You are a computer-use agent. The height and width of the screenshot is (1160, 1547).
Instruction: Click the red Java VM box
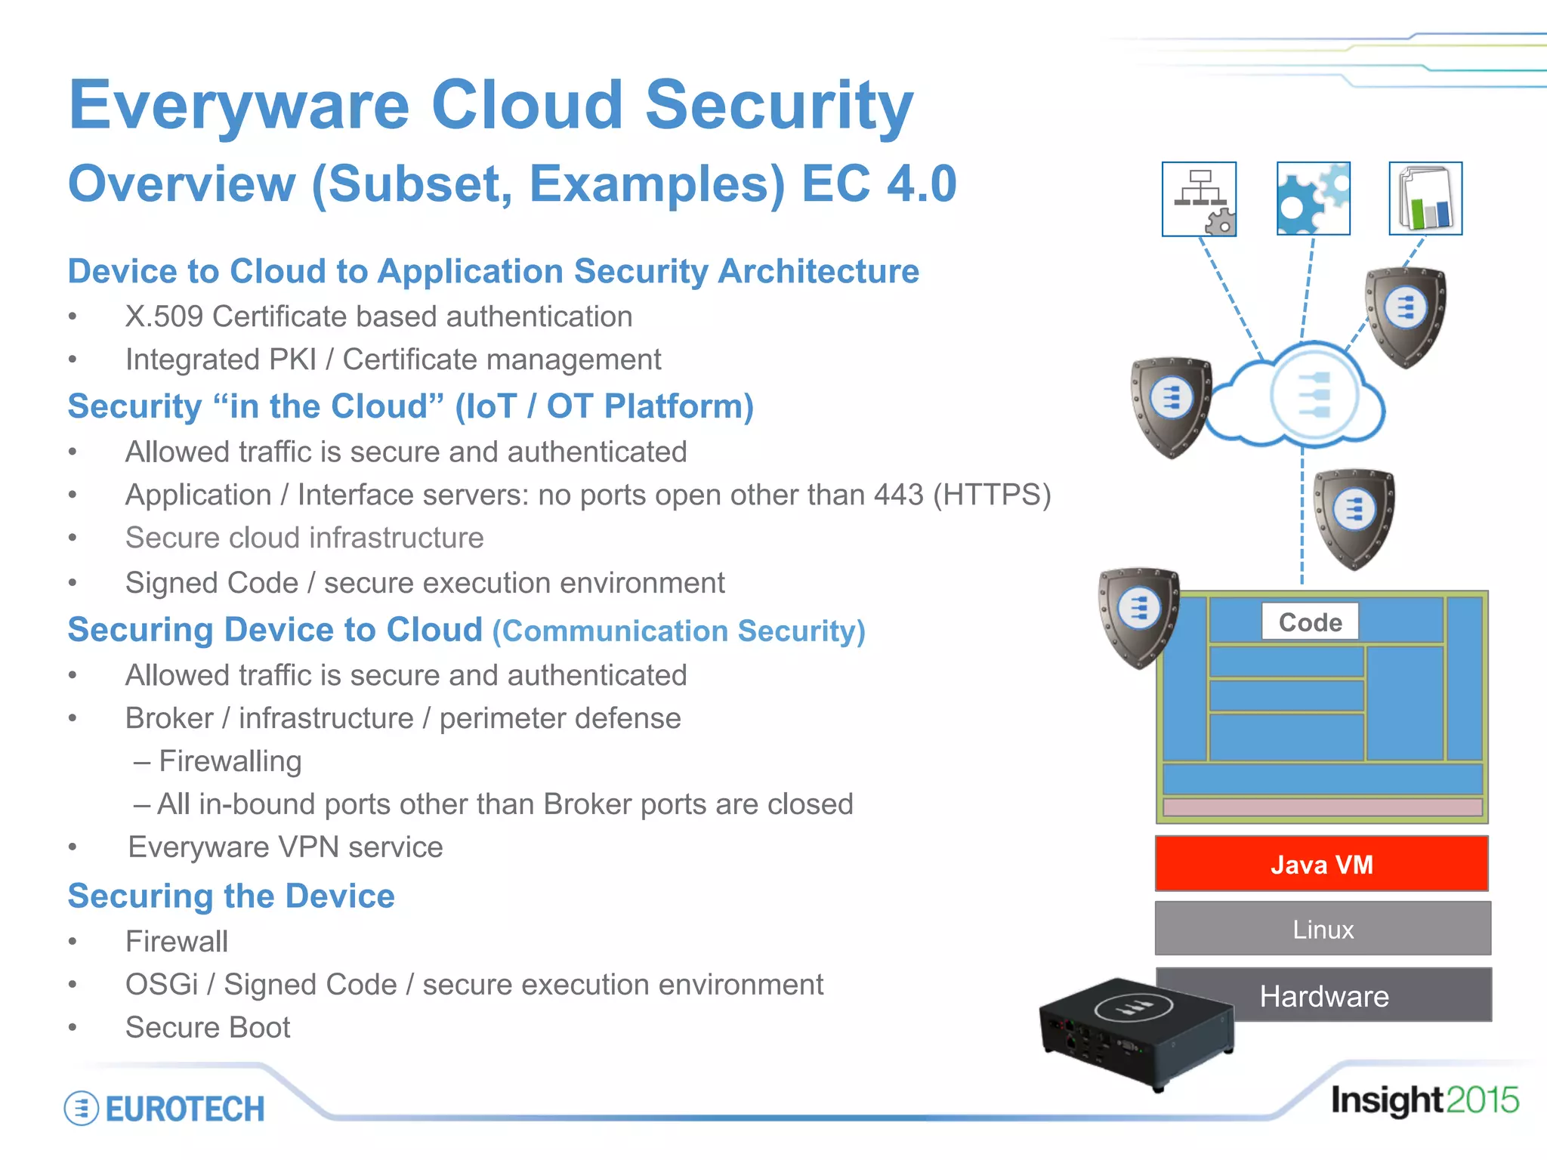click(1321, 864)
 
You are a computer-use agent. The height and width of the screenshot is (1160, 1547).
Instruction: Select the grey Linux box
click(1323, 929)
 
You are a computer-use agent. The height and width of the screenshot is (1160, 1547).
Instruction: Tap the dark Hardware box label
click(1324, 996)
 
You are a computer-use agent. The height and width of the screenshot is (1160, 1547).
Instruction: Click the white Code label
click(1310, 622)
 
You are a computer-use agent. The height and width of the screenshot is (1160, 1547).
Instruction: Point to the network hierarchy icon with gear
click(1199, 199)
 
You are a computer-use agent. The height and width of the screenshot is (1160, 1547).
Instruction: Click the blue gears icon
click(1313, 199)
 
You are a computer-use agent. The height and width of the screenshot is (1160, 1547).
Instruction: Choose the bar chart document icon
click(1425, 199)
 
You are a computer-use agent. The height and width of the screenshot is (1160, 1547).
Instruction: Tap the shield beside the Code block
click(1138, 615)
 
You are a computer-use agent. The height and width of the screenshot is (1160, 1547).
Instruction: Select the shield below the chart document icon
click(1406, 316)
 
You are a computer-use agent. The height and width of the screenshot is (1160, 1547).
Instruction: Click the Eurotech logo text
click(185, 1109)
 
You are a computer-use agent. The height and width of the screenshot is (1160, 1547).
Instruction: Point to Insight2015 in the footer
click(1424, 1100)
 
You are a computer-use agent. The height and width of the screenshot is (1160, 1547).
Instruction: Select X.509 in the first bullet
click(164, 316)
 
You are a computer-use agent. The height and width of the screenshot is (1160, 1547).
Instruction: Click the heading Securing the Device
click(231, 896)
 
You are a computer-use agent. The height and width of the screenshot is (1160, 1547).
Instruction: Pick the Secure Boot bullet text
click(208, 1028)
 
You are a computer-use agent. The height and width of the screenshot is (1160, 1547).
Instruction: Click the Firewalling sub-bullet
click(230, 761)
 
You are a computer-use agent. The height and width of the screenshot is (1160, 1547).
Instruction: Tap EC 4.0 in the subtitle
click(878, 184)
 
